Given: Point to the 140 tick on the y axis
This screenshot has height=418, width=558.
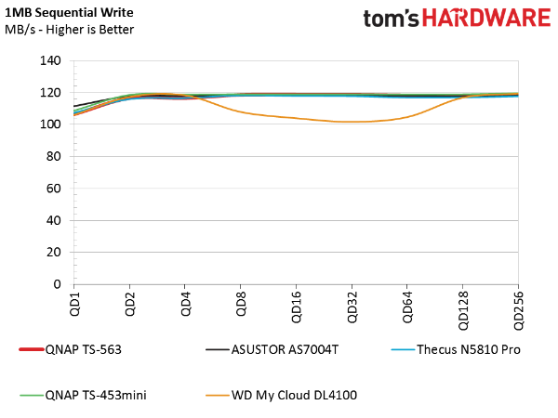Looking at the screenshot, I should (x=52, y=61).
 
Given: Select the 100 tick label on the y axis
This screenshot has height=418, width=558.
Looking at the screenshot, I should (x=52, y=124).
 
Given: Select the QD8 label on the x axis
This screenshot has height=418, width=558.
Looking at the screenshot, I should (x=241, y=304).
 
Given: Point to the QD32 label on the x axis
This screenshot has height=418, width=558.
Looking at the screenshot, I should (x=352, y=307).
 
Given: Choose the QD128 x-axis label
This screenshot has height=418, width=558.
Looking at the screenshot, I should (x=463, y=308).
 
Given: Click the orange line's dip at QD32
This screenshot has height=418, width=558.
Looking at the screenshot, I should (x=352, y=122).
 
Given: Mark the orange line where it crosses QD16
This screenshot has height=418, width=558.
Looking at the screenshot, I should (x=296, y=118).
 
